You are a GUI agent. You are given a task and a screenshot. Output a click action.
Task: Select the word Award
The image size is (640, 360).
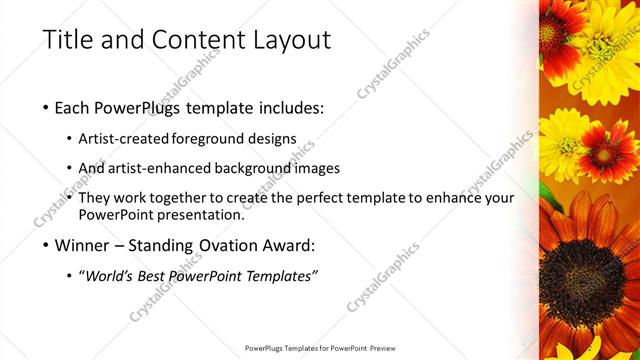pos(291,245)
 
